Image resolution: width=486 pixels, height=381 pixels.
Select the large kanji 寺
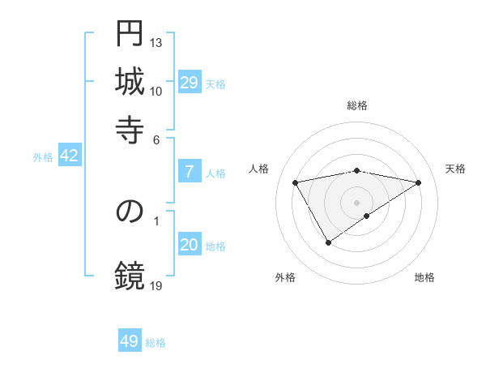pyautogui.click(x=130, y=128)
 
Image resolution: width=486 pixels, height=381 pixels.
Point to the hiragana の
pyautogui.click(x=130, y=212)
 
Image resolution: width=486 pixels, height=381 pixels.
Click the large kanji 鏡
pyautogui.click(x=130, y=275)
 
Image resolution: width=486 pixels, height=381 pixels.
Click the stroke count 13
pyautogui.click(x=157, y=42)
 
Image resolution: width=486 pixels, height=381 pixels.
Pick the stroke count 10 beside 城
pyautogui.click(x=157, y=91)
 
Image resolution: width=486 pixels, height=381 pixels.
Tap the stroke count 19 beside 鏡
pyautogui.click(x=157, y=285)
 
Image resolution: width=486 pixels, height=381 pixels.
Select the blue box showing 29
pyautogui.click(x=189, y=83)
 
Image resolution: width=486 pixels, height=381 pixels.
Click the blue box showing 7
pyautogui.click(x=189, y=172)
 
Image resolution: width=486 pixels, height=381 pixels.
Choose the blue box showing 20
pyautogui.click(x=189, y=246)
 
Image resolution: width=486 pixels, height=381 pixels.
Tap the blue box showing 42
pyautogui.click(x=69, y=156)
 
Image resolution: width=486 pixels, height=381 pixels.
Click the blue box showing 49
pyautogui.click(x=130, y=341)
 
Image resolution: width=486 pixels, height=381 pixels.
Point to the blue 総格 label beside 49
pyautogui.click(x=156, y=343)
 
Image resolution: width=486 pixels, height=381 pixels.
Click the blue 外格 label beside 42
pyautogui.click(x=43, y=157)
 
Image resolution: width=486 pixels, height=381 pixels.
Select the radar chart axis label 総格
pyautogui.click(x=357, y=105)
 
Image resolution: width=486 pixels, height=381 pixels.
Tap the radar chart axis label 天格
pyautogui.click(x=455, y=169)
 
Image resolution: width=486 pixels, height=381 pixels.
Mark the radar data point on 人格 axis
pyautogui.click(x=296, y=182)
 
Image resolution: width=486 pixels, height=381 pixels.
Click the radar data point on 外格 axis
pyautogui.click(x=328, y=242)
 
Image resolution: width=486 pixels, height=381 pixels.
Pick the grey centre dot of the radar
pyautogui.click(x=357, y=202)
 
